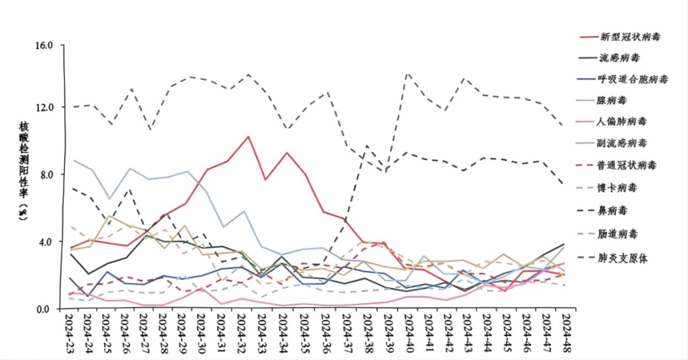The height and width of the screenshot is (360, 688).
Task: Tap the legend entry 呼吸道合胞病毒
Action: (633, 80)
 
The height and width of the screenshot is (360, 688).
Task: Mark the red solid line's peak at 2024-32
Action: (248, 136)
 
